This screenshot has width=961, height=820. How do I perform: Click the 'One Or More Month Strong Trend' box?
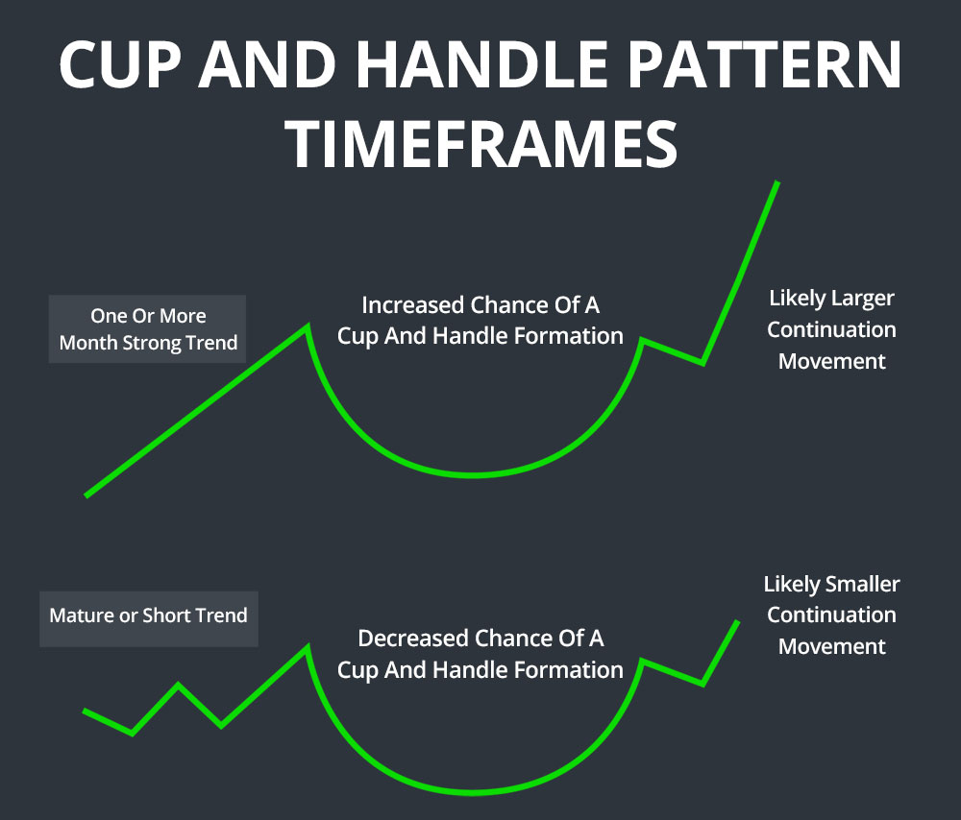click(148, 329)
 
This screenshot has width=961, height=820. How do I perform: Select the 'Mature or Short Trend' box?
click(148, 615)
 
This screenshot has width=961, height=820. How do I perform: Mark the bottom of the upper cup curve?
click(474, 474)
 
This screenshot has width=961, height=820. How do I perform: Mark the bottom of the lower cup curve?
click(474, 792)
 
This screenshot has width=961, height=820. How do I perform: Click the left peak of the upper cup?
click(307, 326)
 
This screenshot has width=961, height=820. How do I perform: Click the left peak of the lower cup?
click(307, 647)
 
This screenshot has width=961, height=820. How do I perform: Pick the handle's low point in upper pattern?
click(702, 363)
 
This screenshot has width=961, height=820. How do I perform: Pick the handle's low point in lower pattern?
click(702, 684)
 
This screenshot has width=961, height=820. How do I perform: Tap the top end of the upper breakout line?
click(776, 182)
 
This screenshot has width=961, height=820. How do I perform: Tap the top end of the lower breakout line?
click(737, 622)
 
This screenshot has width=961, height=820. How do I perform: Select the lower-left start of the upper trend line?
click(87, 494)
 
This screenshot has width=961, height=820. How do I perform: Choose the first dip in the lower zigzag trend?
click(132, 734)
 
